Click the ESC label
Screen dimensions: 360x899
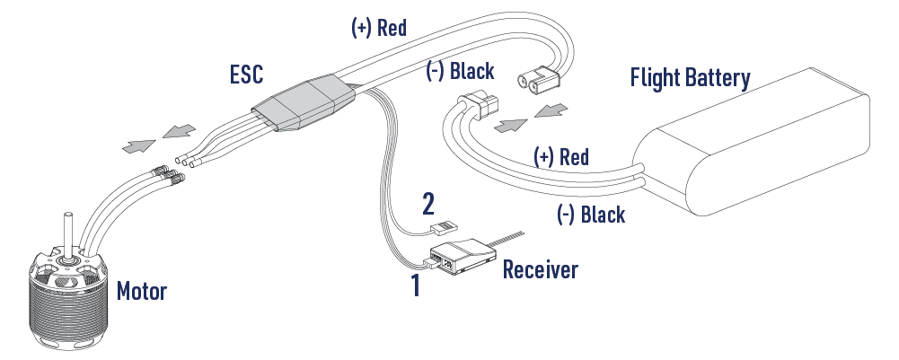coord(246,75)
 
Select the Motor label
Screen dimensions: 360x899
coord(141,291)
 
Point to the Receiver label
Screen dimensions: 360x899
coord(541,268)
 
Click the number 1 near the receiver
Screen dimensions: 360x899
coord(415,287)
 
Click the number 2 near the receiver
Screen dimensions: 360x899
coord(429,206)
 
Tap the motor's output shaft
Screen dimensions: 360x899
coord(67,233)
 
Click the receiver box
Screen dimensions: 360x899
coord(462,257)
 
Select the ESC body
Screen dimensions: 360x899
coord(302,107)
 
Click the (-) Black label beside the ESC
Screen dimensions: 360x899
coord(459,70)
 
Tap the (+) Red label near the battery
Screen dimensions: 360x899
coord(561,158)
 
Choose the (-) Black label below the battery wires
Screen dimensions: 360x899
coord(590,215)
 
